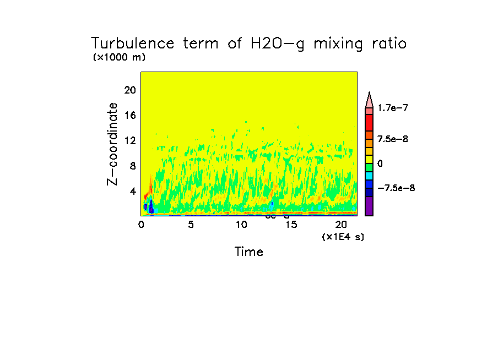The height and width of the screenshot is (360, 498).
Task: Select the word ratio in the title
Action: [x=386, y=43]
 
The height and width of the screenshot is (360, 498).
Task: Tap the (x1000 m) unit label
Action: [x=119, y=57]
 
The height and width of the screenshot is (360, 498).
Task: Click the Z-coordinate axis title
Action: [x=113, y=144]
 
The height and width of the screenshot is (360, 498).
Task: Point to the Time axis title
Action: [x=248, y=252]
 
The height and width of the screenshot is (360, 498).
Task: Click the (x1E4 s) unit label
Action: [x=343, y=237]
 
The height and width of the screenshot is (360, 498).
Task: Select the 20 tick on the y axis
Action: [x=129, y=90]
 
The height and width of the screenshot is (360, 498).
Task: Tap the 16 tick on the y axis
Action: [x=129, y=116]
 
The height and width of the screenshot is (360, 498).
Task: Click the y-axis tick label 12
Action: [x=129, y=141]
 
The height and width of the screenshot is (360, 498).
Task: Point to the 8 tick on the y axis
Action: [x=132, y=166]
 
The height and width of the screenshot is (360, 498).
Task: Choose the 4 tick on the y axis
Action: [x=132, y=192]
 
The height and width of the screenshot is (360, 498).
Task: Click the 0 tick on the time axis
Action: [x=141, y=225]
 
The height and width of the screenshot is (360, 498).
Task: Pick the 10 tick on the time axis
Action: [x=241, y=225]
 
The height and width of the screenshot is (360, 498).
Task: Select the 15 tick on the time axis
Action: [x=291, y=225]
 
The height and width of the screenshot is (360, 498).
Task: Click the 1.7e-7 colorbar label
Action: [x=392, y=108]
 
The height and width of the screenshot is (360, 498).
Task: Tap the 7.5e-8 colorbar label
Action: [x=392, y=139]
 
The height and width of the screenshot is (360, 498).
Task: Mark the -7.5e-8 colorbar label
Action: [x=396, y=188]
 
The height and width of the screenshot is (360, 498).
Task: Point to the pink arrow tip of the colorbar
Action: [x=369, y=99]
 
